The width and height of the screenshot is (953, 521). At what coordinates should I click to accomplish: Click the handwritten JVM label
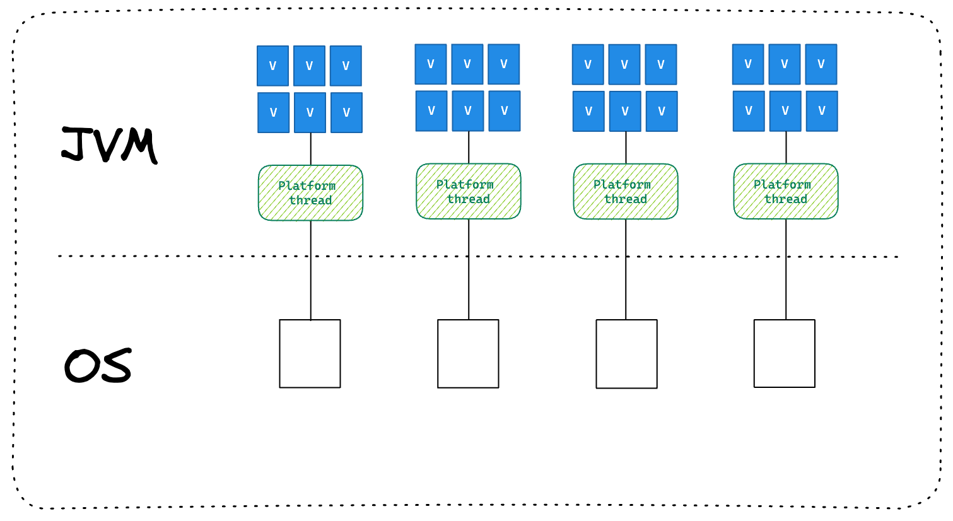(x=109, y=144)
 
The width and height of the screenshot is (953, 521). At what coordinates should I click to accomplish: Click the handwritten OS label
(x=98, y=366)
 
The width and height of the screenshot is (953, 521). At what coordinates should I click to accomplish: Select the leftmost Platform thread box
(x=310, y=193)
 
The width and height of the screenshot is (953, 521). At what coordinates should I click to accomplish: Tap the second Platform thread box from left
(x=468, y=192)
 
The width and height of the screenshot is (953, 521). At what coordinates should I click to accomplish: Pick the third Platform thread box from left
(x=626, y=192)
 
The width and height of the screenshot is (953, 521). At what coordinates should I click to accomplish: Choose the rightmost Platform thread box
(x=786, y=192)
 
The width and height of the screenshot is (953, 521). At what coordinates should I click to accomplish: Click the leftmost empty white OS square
(x=310, y=353)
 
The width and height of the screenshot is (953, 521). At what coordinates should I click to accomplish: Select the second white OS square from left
(x=468, y=353)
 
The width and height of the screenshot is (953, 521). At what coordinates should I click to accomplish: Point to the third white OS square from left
(x=626, y=354)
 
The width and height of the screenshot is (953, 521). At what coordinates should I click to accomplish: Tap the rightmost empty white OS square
(x=784, y=353)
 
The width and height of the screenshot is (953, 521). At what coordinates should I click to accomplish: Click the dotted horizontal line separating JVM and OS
(x=189, y=256)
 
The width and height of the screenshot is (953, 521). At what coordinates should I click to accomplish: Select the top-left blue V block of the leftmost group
(x=272, y=66)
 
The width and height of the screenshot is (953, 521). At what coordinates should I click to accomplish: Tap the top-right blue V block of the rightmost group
(x=821, y=64)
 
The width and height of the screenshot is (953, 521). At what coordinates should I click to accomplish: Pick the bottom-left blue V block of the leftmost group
(x=273, y=113)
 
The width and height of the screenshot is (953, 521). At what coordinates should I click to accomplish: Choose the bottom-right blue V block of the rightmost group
(x=821, y=111)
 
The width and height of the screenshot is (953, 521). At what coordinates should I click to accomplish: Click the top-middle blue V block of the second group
(x=467, y=64)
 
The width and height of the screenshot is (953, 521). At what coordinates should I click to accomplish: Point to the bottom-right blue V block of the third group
(x=661, y=112)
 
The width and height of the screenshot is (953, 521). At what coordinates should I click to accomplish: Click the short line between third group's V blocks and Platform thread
(x=626, y=148)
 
